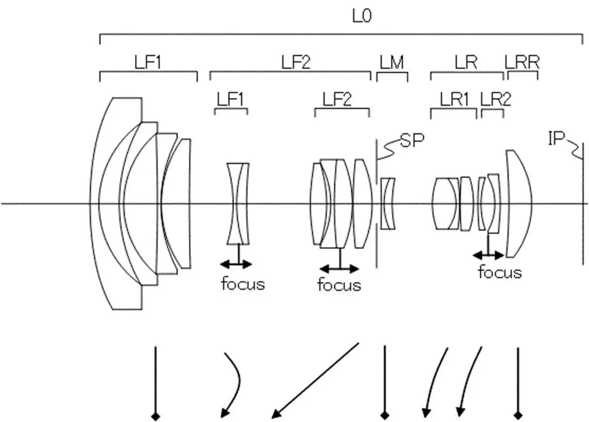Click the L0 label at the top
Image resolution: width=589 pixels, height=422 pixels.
click(362, 16)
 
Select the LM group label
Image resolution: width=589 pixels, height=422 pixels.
click(392, 62)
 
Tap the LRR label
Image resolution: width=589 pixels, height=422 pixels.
click(522, 62)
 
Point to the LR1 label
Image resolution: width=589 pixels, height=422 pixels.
click(455, 99)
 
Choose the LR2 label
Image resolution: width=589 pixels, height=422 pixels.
click(496, 99)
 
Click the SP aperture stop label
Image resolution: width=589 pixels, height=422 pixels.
click(412, 140)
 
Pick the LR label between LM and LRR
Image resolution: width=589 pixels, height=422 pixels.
click(466, 62)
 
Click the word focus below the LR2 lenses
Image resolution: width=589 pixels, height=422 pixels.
click(500, 272)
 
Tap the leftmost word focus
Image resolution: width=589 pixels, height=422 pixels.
click(243, 284)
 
